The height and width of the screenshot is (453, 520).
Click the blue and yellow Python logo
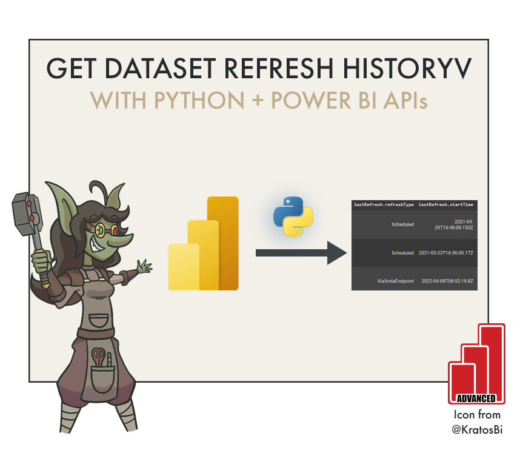tap(293, 216)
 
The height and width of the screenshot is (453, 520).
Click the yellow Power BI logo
tap(204, 244)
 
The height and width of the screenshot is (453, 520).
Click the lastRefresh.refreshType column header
tap(384, 205)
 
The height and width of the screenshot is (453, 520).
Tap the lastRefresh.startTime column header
tap(446, 205)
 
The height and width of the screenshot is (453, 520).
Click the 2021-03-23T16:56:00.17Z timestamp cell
tap(446, 252)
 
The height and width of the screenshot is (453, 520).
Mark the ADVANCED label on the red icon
tap(476, 398)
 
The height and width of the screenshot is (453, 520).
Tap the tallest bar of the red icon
tap(492, 358)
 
